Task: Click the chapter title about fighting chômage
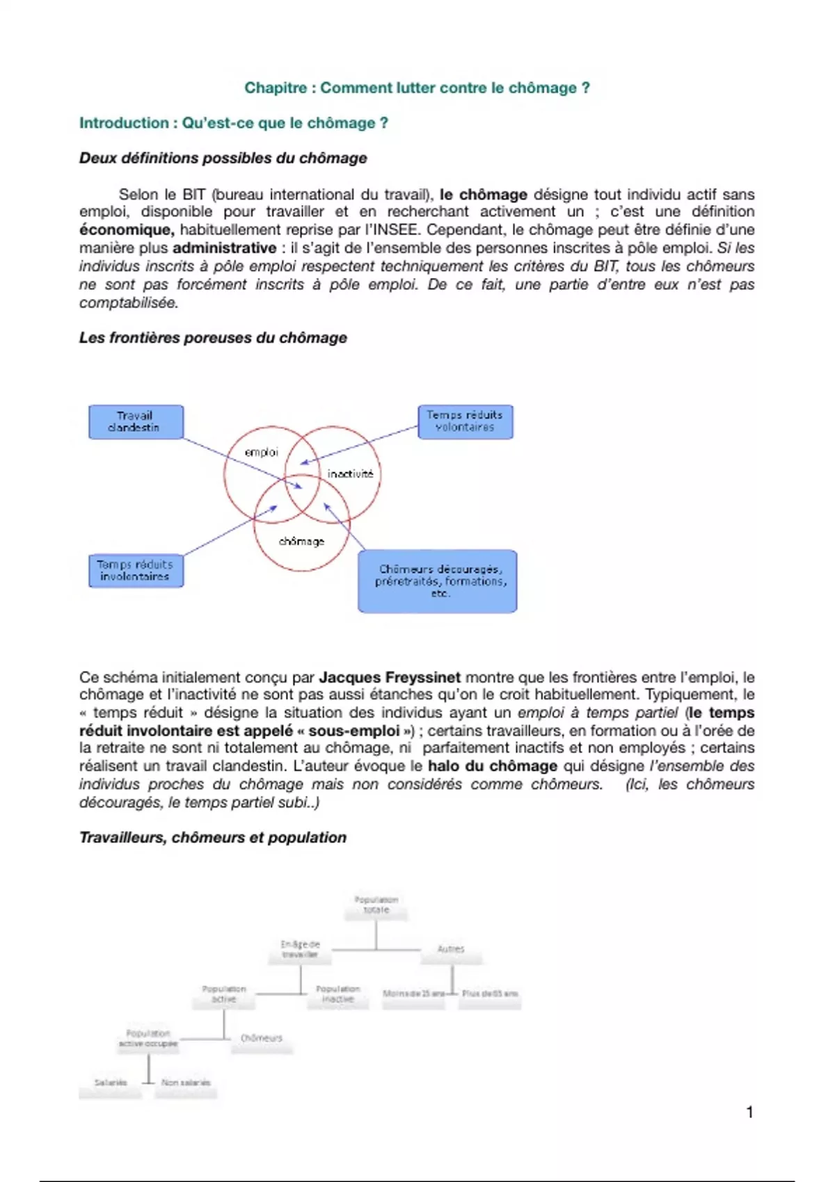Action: tap(417, 88)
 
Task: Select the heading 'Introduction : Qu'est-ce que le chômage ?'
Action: tap(233, 123)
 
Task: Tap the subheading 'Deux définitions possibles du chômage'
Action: tap(223, 158)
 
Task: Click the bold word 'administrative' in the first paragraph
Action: tap(224, 248)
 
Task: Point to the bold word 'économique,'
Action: tap(127, 230)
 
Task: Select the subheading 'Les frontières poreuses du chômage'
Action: tap(213, 338)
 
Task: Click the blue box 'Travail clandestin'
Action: tap(136, 422)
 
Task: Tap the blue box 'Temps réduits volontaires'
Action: tap(465, 421)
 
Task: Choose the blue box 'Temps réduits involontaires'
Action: tap(136, 571)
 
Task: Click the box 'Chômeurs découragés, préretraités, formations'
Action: tap(438, 581)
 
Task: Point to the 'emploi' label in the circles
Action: tap(261, 453)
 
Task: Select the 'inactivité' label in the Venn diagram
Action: tap(350, 474)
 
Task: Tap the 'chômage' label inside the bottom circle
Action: tap(301, 541)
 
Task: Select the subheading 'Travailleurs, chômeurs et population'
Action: tap(213, 837)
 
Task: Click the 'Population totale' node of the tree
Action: tap(376, 905)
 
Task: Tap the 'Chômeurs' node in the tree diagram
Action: tap(262, 1038)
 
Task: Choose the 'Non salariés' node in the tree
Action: tap(186, 1083)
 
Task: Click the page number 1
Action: tap(749, 1112)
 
